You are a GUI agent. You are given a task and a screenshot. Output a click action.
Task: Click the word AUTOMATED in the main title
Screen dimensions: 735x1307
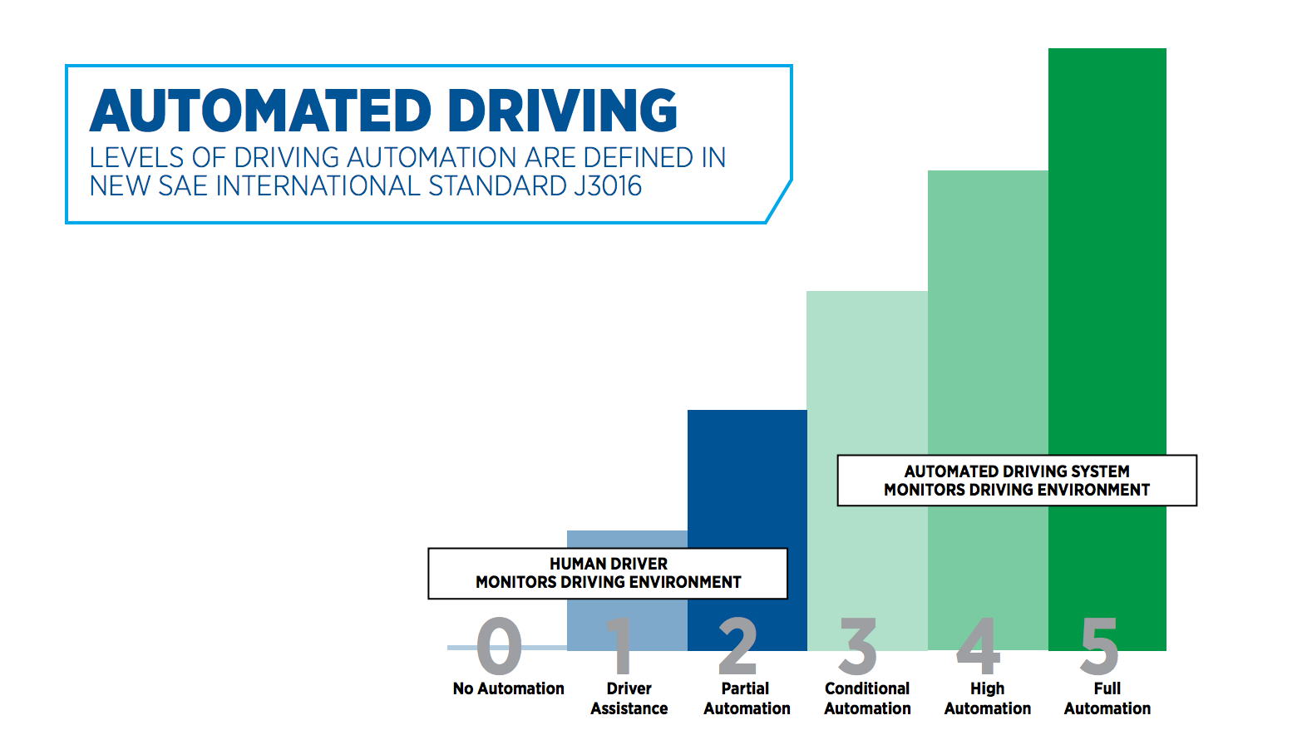(260, 111)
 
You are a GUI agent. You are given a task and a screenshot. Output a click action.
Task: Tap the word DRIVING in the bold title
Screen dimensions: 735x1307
(562, 111)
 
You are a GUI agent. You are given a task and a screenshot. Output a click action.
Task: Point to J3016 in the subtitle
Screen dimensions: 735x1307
(607, 185)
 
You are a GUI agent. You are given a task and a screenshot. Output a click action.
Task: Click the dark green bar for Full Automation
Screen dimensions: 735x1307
(1107, 249)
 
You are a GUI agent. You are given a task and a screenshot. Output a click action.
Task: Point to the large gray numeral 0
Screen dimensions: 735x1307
(499, 646)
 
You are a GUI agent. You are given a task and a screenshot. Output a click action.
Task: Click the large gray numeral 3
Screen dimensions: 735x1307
(858, 646)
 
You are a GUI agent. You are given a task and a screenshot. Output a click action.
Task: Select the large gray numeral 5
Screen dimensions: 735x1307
(1099, 646)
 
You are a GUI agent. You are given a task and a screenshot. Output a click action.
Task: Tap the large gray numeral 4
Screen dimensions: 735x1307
(979, 646)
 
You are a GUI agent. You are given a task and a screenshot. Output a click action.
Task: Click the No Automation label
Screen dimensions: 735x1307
(508, 688)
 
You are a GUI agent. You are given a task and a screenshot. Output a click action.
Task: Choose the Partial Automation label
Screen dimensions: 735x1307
(747, 698)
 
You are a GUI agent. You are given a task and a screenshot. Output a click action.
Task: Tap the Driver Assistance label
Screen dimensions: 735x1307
(629, 698)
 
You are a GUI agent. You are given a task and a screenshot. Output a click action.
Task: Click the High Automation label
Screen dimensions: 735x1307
(987, 698)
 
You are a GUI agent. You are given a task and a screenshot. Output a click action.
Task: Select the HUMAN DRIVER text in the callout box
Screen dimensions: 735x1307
(608, 564)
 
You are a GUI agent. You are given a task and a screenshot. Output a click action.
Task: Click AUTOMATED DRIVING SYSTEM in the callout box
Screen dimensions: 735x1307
(1016, 471)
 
